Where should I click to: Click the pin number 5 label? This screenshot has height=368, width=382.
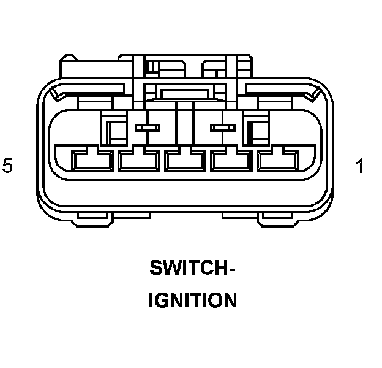7,166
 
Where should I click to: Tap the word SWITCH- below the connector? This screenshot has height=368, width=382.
192,269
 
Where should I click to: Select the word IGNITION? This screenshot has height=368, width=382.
192,301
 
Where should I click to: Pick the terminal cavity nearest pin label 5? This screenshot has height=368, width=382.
92,161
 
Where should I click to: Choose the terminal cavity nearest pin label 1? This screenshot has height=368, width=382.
278,161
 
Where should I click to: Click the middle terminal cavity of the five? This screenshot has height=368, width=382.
185,161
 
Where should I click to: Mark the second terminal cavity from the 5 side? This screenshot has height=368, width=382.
138,161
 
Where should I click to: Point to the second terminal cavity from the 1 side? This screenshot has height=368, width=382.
231,161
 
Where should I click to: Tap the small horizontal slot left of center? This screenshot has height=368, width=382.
147,128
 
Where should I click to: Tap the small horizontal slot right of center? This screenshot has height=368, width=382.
222,128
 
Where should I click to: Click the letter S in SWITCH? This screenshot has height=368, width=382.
155,269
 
